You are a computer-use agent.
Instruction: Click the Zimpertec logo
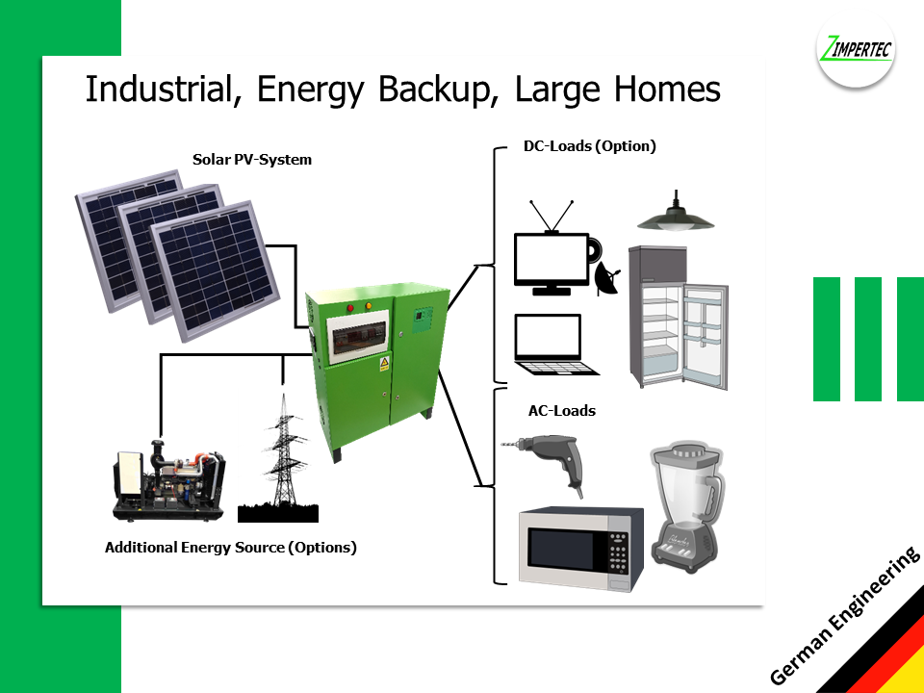(x=856, y=49)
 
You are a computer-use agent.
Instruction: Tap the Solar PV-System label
(x=252, y=160)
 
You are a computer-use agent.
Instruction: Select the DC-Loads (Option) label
(x=589, y=146)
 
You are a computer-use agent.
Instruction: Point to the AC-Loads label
(x=561, y=411)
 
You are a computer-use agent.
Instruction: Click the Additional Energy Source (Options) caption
(x=231, y=548)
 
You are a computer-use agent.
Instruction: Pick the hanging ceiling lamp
(x=676, y=212)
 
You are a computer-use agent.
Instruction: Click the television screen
(x=552, y=260)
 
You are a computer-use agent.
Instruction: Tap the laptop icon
(x=555, y=346)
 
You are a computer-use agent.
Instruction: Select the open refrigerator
(x=678, y=317)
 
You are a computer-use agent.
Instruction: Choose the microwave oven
(x=580, y=548)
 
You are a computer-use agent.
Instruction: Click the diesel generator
(x=169, y=481)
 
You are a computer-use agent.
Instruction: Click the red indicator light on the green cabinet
(x=350, y=308)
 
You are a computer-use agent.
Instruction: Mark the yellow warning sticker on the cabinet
(x=384, y=364)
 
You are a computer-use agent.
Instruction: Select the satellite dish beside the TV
(x=606, y=278)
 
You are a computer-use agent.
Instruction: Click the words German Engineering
(x=844, y=616)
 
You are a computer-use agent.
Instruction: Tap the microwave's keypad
(x=618, y=552)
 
